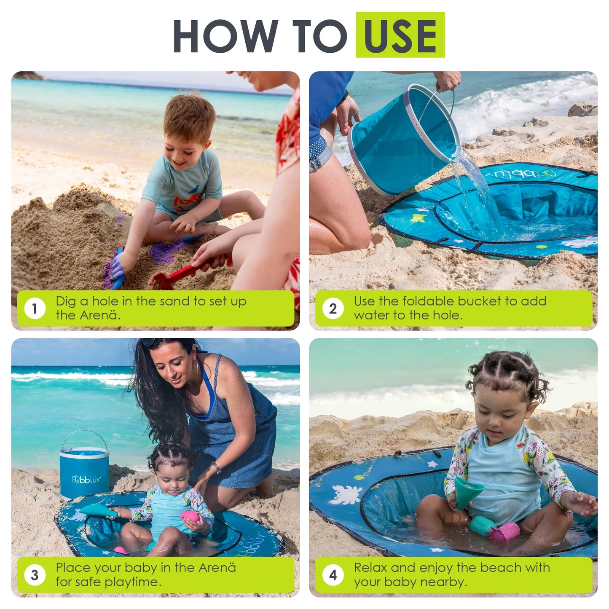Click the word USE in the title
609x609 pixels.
(x=400, y=35)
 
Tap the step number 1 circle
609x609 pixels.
(x=35, y=309)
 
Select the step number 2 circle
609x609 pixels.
(x=333, y=309)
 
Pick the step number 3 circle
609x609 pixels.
(x=35, y=575)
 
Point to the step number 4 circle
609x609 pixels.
(x=333, y=575)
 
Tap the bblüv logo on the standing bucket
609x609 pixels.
(x=86, y=479)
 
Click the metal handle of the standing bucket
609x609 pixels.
(x=84, y=434)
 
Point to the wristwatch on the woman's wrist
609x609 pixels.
(x=217, y=467)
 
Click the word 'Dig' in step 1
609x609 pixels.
(x=66, y=301)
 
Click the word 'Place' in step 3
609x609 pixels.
(x=73, y=568)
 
